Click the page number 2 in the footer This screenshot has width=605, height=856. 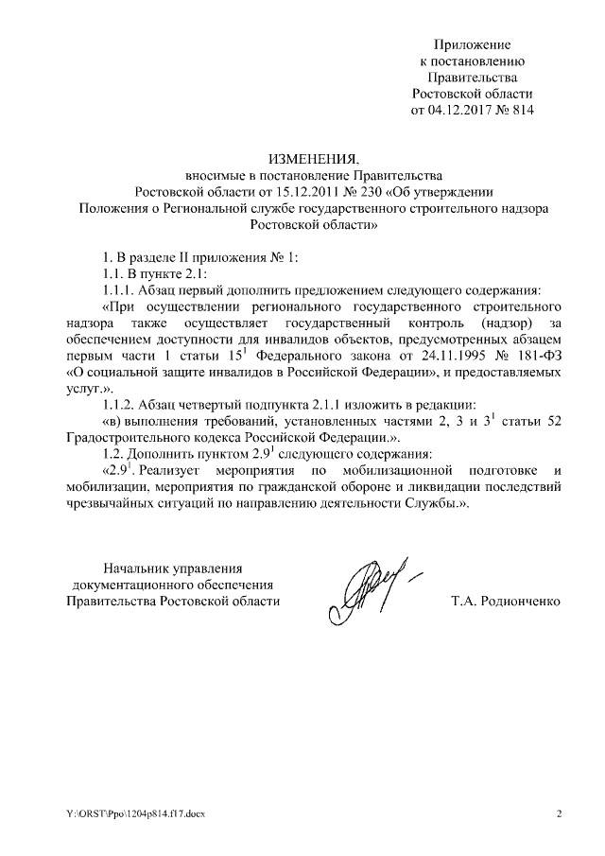click(x=559, y=813)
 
